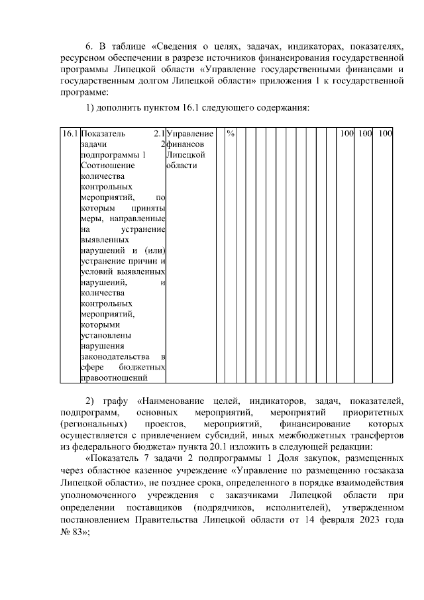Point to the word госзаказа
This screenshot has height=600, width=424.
(x=384, y=470)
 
